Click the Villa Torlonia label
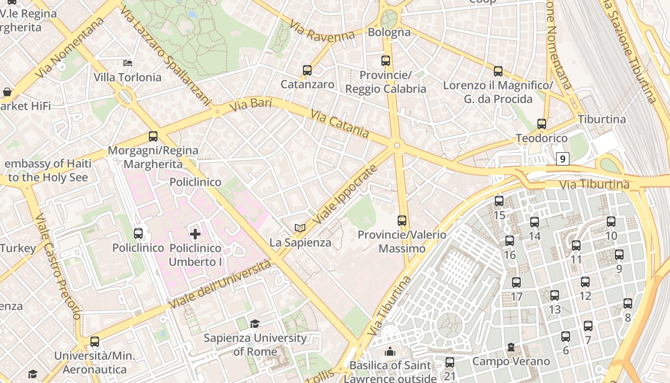127,77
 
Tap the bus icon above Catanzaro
307,70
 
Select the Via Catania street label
339,124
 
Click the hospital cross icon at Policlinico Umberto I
195,234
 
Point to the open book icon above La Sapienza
300,228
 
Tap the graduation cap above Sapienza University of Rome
255,324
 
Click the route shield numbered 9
563,158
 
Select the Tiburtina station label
602,119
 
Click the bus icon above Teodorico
542,124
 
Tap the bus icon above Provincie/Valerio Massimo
402,221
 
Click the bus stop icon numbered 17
516,282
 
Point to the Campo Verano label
511,361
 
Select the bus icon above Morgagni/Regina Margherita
153,136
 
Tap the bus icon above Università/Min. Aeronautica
95,342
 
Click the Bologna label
389,32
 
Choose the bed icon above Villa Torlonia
128,63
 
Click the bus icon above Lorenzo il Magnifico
498,71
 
